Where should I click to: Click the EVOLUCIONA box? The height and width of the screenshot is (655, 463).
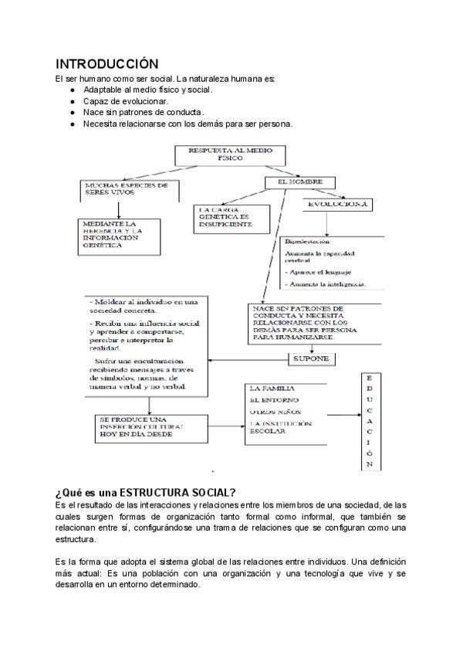[337, 205]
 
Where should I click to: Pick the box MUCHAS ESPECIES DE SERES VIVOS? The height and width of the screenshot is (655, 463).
[127, 190]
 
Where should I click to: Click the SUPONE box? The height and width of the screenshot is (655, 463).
[311, 359]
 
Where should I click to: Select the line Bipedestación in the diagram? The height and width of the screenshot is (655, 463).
[307, 242]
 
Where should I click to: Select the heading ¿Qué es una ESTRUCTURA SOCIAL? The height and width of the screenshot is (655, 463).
[145, 493]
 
